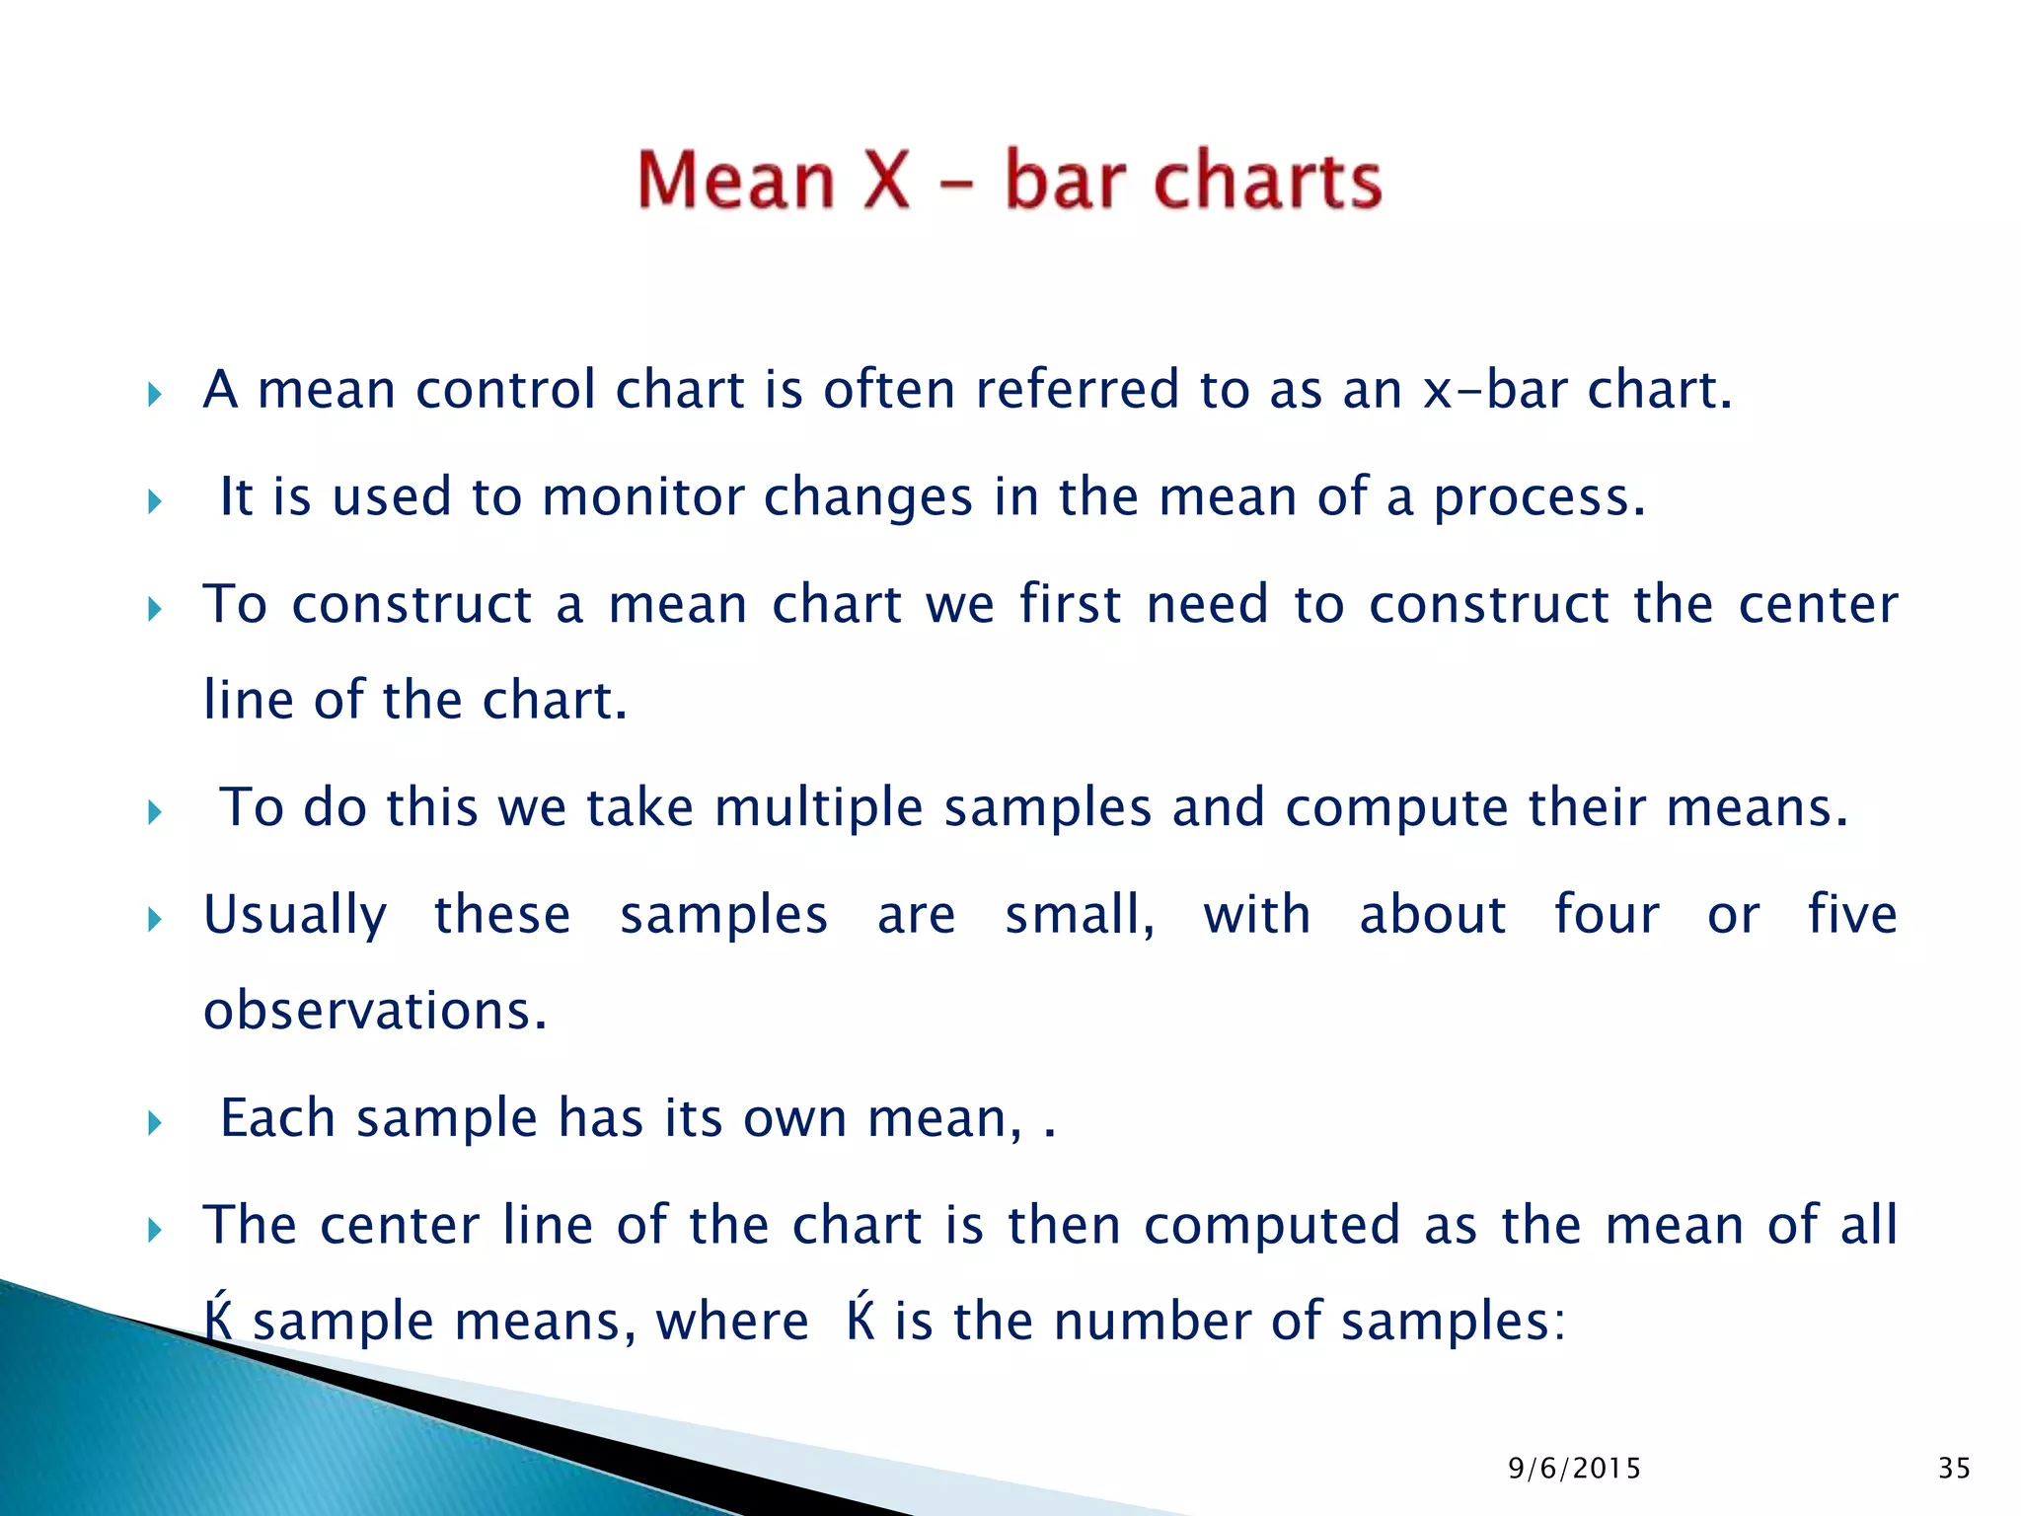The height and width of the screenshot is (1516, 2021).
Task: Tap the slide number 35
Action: [x=1954, y=1469]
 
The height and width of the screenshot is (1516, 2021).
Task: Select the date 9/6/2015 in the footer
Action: [x=1575, y=1469]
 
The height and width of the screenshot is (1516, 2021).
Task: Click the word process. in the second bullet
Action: [x=1539, y=498]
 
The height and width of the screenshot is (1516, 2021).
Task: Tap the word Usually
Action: [x=295, y=916]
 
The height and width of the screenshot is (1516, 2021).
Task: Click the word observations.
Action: [x=375, y=1012]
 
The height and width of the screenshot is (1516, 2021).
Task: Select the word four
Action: [x=1607, y=914]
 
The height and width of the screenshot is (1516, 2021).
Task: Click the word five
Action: [x=1852, y=914]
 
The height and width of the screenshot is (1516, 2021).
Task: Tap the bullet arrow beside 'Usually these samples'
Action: [x=154, y=921]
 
